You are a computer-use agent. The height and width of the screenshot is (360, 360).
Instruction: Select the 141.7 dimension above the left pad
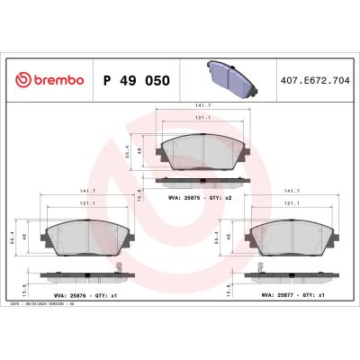[87, 191]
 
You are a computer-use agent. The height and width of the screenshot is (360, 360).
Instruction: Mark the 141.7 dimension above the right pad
[291, 191]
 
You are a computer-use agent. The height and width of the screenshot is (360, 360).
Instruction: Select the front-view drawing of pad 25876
[87, 236]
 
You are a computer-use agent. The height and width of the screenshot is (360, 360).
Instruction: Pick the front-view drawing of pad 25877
[291, 236]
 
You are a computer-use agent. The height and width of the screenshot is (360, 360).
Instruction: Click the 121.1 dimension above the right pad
[291, 203]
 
